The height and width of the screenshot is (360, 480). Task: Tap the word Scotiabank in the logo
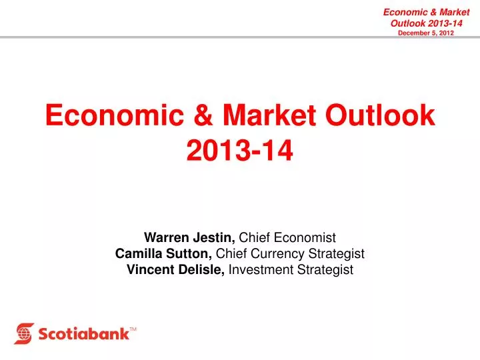pos(83,333)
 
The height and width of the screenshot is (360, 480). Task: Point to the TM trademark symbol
pos(133,329)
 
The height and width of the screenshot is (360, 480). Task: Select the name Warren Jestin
pos(190,237)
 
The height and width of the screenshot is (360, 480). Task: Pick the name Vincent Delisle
pos(175,269)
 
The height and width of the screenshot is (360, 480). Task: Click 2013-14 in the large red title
pos(240,152)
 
